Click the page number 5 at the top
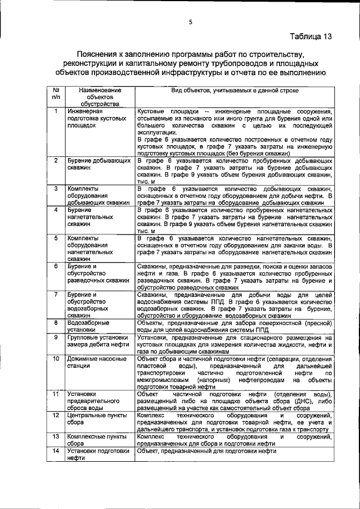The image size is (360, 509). coord(191,22)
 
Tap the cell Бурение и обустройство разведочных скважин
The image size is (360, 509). coord(94,272)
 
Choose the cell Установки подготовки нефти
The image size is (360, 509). coord(95,454)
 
